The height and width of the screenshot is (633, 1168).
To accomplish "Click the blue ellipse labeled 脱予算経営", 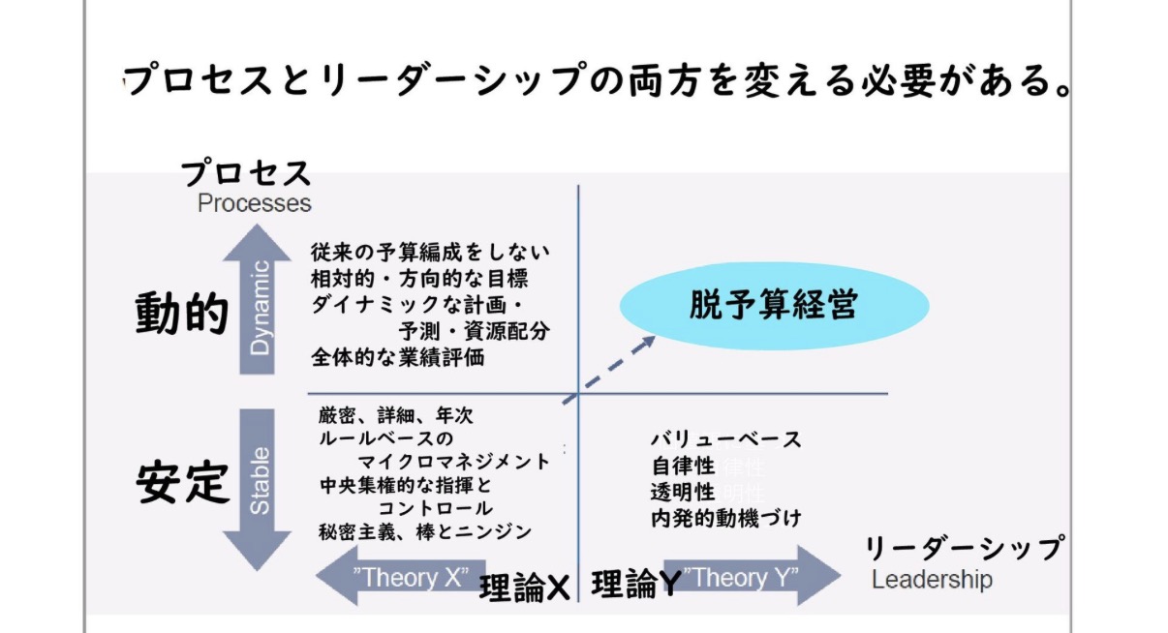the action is tap(775, 306).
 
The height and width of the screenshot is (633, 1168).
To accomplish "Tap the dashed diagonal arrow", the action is tap(608, 370).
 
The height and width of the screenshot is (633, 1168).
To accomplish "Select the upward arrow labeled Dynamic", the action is tap(257, 299).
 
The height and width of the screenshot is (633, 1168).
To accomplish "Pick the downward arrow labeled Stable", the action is tap(257, 490).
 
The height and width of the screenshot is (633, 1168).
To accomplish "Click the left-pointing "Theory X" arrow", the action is tap(400, 576).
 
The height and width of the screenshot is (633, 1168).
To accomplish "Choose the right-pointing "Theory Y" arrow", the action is tap(752, 576).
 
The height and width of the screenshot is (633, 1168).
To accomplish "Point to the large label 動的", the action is tap(181, 313).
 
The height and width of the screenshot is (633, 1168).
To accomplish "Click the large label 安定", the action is tap(182, 482).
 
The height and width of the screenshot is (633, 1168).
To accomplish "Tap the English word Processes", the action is tap(255, 203).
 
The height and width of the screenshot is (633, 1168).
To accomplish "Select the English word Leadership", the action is tap(932, 580).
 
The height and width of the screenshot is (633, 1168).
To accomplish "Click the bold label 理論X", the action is tap(524, 588).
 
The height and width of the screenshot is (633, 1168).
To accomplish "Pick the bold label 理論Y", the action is tap(636, 584).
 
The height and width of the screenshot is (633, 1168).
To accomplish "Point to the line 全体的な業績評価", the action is tap(398, 357).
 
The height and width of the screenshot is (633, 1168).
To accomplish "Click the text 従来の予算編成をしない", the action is tap(430, 253).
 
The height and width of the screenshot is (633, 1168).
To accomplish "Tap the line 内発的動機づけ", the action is tap(726, 519).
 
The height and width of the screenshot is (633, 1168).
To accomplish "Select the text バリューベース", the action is tap(725, 439).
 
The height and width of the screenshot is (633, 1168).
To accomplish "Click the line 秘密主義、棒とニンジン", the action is tap(425, 532).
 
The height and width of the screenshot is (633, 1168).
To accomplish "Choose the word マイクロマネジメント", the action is tap(453, 462).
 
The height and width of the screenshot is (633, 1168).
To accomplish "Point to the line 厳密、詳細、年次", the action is tap(396, 416).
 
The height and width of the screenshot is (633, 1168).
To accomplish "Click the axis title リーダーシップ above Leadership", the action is tap(965, 548).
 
